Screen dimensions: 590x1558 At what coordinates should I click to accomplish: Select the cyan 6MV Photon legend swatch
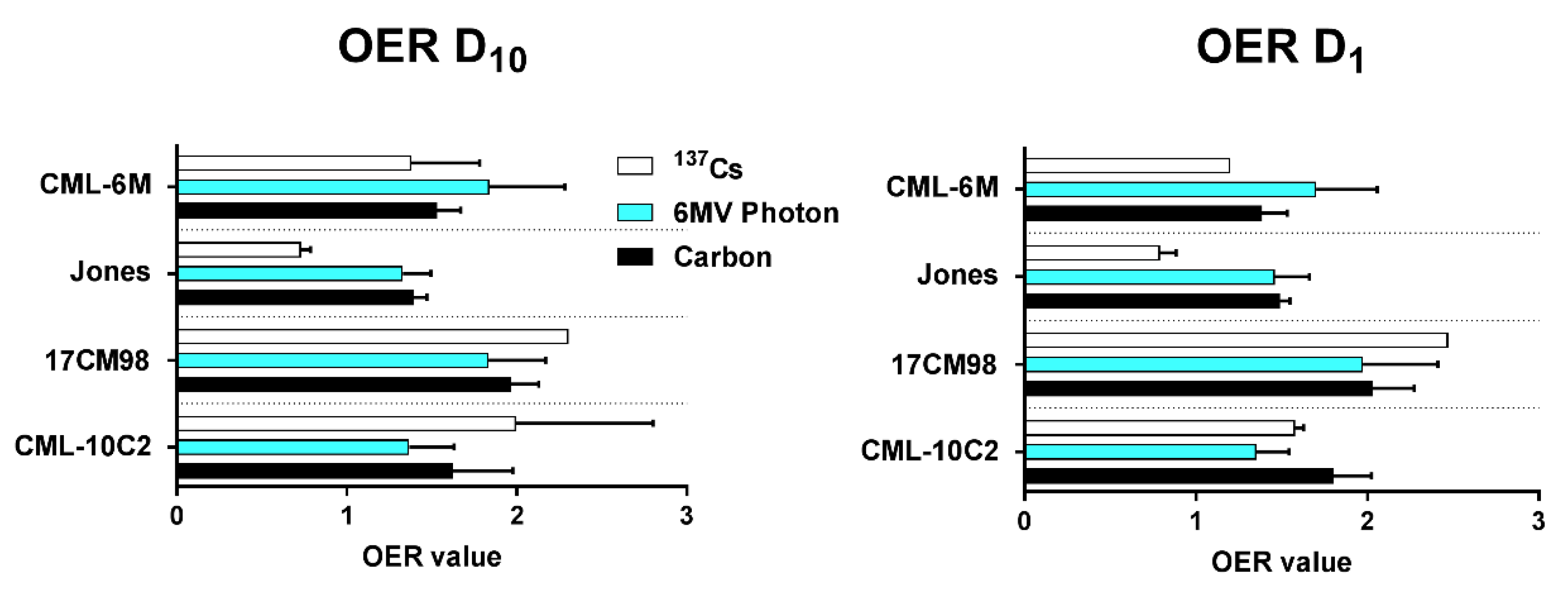pos(634,212)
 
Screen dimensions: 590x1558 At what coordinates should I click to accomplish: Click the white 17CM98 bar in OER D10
pos(372,336)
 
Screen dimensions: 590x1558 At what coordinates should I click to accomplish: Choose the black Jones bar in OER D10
pos(295,297)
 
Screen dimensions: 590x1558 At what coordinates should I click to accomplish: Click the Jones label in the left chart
pos(110,272)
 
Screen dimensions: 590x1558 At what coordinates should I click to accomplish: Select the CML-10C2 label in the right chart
pos(929,451)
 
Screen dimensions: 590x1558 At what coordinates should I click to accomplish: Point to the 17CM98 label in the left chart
pos(97,361)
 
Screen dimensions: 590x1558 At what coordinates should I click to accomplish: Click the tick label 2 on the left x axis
pos(516,516)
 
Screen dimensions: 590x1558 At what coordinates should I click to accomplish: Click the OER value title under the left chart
pos(431,557)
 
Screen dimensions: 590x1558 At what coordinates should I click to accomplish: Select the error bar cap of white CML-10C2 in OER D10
pos(653,423)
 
